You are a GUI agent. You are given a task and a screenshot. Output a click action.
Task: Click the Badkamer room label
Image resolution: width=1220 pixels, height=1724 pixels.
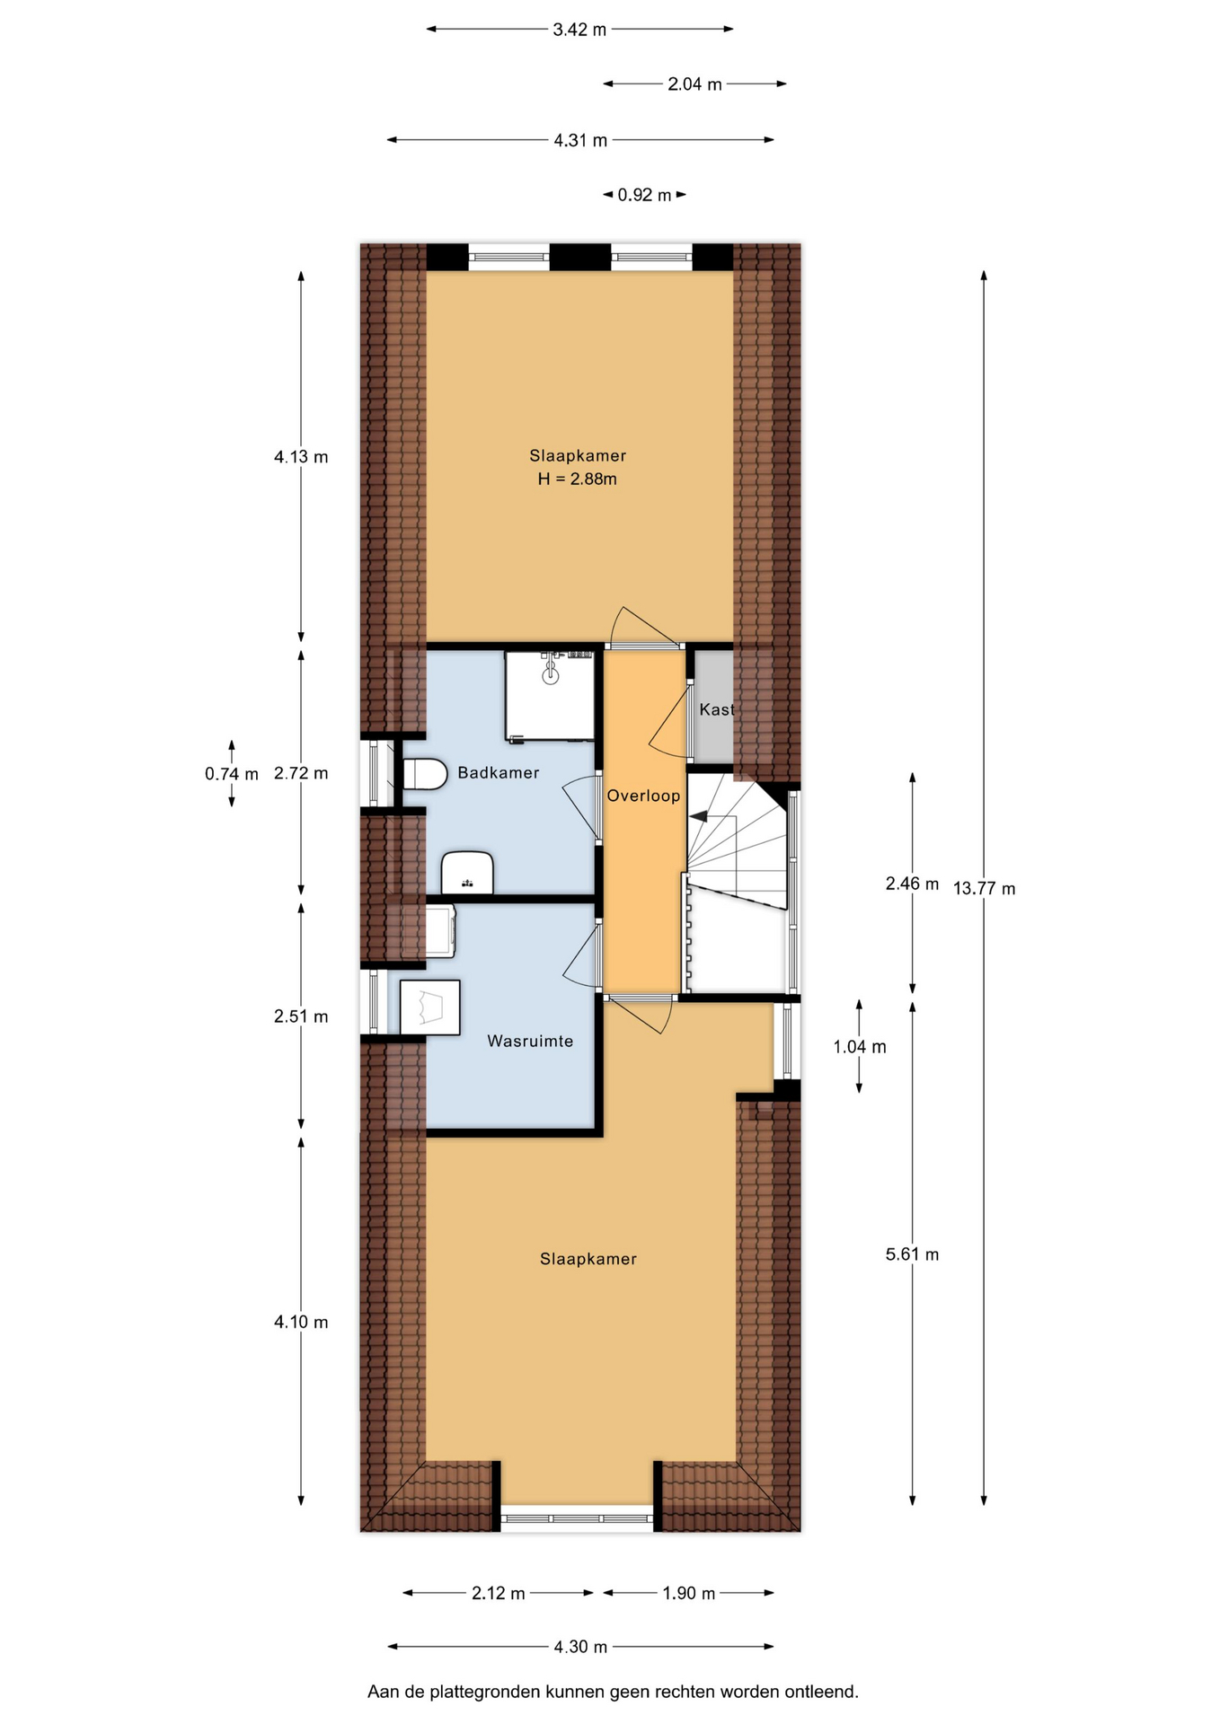tap(498, 772)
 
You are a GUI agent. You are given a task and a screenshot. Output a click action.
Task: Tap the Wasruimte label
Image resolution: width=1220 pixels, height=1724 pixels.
tap(530, 1041)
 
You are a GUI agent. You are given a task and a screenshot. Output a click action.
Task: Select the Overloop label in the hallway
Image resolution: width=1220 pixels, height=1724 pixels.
tap(643, 796)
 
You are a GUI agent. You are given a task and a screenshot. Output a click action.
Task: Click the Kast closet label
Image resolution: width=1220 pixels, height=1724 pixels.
tap(716, 709)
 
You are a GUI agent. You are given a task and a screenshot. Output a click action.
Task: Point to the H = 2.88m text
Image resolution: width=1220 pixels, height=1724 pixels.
tap(577, 479)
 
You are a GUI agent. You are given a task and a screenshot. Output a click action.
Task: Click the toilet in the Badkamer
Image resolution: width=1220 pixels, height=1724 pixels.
tap(425, 774)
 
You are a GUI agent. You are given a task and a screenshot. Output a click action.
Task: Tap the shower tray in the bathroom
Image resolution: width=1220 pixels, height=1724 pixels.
tap(550, 696)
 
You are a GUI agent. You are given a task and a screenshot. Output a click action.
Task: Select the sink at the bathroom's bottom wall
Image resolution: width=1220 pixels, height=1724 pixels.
tap(467, 873)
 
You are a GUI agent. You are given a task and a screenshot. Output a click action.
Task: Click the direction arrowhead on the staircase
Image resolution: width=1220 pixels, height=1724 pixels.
tap(698, 817)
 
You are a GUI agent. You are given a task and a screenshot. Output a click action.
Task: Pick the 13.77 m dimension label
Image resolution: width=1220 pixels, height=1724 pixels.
tap(984, 889)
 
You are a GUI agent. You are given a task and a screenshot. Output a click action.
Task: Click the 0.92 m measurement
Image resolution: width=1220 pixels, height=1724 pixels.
tap(644, 195)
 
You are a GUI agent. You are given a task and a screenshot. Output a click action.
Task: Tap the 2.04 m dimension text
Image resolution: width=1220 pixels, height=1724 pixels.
tap(694, 84)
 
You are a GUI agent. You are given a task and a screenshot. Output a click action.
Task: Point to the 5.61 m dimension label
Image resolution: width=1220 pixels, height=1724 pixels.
tap(912, 1254)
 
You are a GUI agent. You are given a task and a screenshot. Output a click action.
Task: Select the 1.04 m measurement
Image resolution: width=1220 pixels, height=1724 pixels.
tap(860, 1046)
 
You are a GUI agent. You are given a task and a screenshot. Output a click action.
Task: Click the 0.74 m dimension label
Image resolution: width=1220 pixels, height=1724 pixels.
tap(231, 773)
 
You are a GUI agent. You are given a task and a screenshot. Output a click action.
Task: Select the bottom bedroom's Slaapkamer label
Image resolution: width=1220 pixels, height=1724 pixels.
tap(588, 1259)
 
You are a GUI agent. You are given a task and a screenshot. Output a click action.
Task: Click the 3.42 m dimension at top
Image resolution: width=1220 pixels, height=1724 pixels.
tap(579, 30)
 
